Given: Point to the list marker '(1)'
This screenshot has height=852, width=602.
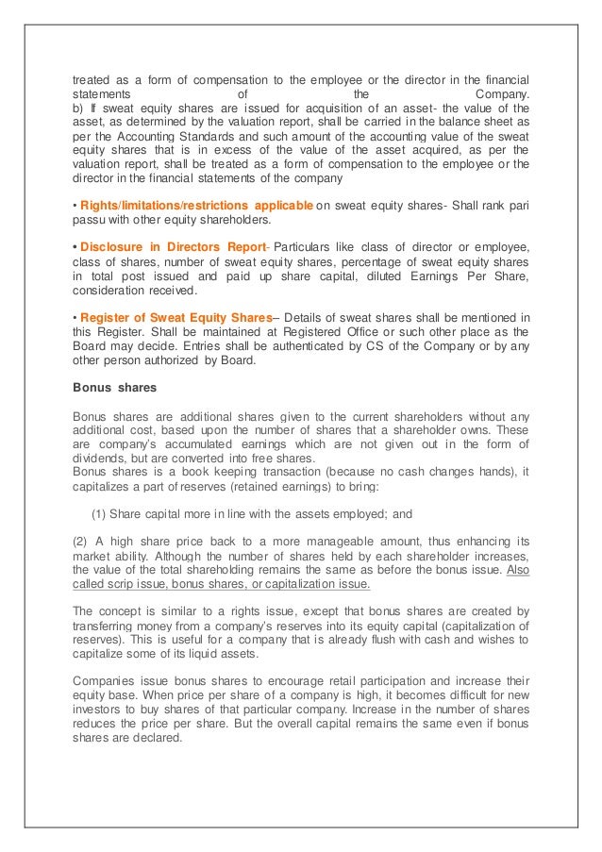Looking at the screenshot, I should coord(97,514).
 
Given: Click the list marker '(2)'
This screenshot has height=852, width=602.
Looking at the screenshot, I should coord(83,541).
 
